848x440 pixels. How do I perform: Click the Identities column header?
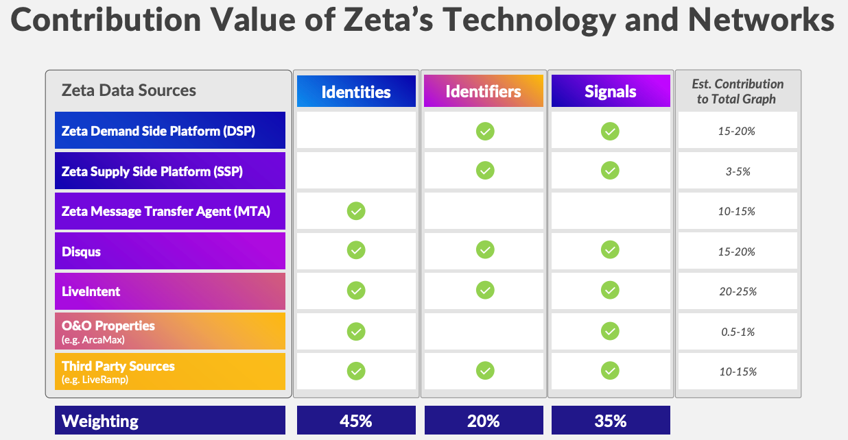356,91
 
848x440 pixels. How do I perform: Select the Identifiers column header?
483,91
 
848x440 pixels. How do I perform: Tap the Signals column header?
610,91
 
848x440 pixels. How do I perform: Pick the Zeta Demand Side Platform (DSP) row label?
158,131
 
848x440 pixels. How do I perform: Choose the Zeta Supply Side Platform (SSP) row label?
152,171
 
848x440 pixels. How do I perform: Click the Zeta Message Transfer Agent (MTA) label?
165,211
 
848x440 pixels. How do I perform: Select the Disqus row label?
81,252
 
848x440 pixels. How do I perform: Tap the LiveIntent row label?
91,291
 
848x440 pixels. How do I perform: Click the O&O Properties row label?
108,326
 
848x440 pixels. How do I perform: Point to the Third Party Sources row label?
117,366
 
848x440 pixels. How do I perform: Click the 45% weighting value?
355,421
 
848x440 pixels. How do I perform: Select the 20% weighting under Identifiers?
483,421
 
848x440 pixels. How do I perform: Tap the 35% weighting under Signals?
610,421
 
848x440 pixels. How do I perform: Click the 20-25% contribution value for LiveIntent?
737,291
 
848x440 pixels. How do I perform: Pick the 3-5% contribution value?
737,171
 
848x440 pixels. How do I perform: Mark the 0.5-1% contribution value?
737,332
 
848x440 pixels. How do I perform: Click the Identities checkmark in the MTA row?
355,211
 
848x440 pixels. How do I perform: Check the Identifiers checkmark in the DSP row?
485,131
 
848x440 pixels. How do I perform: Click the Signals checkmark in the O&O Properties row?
610,332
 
